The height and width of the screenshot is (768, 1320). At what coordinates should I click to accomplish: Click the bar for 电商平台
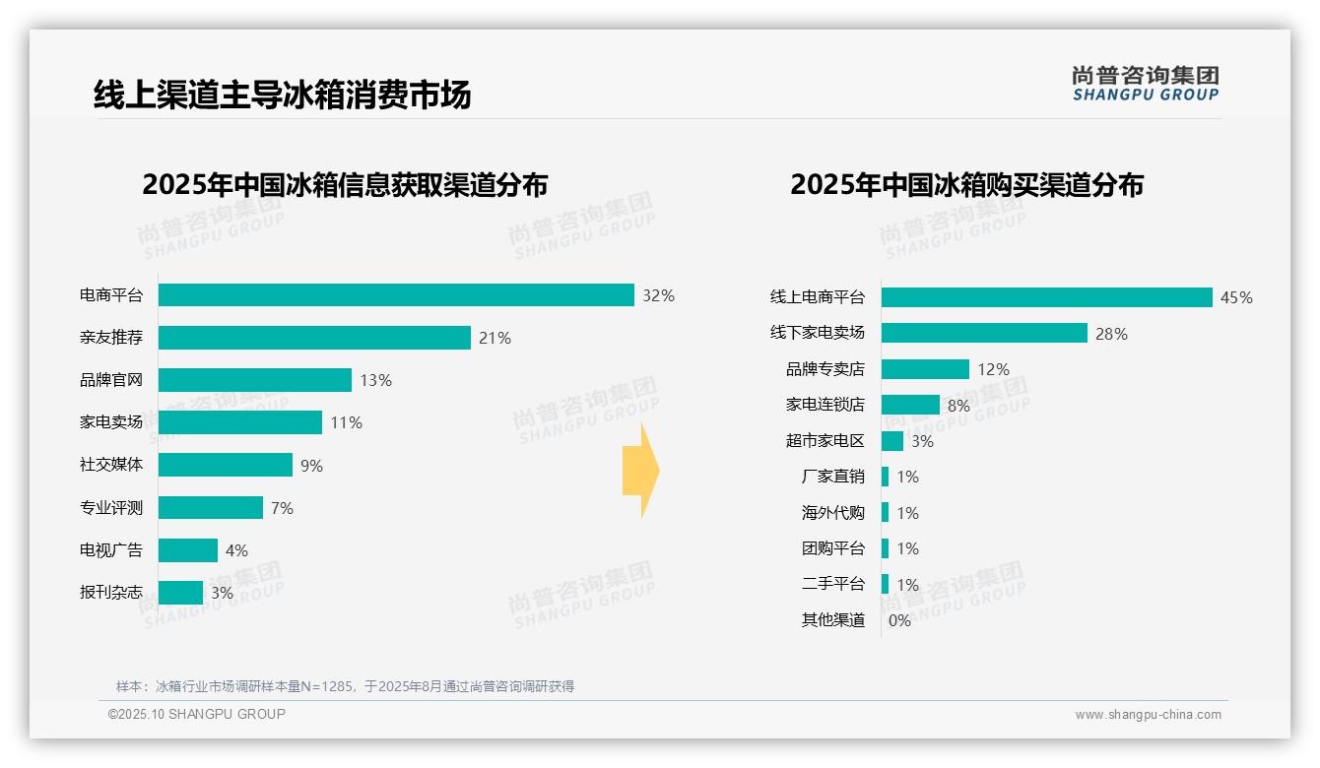click(x=396, y=295)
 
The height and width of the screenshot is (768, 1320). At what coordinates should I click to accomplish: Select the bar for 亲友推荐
click(x=314, y=338)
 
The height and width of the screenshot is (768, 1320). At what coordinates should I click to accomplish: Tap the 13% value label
click(x=375, y=380)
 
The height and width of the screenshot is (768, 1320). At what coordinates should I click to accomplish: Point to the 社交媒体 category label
click(x=111, y=465)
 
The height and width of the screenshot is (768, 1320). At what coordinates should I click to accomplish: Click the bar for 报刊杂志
click(x=180, y=593)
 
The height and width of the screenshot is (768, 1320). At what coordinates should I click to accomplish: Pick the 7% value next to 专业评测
click(x=282, y=508)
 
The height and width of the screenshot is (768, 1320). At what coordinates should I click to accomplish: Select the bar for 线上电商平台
click(x=1046, y=297)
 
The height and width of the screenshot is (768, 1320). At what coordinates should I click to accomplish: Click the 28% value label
click(x=1111, y=334)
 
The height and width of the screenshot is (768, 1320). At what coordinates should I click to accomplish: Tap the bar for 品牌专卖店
click(x=925, y=369)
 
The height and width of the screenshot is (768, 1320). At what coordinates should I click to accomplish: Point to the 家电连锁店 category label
click(x=825, y=405)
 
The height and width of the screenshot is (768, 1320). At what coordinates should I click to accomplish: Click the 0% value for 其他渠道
click(x=899, y=620)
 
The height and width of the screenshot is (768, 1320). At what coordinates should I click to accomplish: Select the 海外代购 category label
click(x=832, y=513)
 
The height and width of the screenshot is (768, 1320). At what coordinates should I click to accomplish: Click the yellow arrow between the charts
click(x=640, y=472)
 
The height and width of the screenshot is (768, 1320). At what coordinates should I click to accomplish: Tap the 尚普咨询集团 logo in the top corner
click(x=1146, y=84)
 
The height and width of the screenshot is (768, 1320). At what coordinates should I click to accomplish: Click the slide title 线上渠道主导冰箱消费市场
click(x=283, y=95)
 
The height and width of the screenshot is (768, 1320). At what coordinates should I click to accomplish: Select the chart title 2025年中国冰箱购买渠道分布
click(x=966, y=185)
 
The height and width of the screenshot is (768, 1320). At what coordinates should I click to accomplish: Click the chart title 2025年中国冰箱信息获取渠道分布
click(x=345, y=185)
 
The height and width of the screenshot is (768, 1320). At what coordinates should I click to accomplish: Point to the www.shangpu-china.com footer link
click(x=1148, y=715)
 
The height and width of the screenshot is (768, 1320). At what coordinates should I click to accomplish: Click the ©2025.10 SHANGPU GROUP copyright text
click(x=197, y=714)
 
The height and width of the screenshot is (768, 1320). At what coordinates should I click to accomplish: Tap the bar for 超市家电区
click(x=892, y=441)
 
